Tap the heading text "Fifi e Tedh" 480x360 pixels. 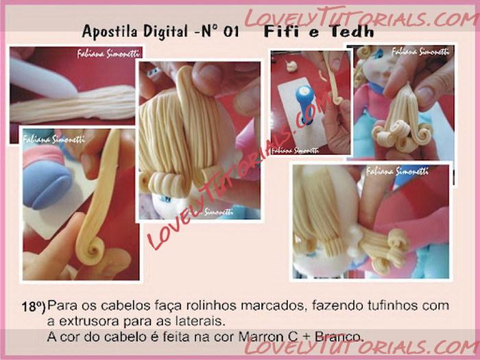coord(319,32)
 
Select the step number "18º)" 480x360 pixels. coord(34,307)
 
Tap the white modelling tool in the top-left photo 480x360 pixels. coord(43,79)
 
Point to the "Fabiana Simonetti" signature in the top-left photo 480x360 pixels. coord(108,53)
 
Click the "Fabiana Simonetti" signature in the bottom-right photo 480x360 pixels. coord(397,171)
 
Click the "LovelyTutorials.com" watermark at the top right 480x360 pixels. coord(361,17)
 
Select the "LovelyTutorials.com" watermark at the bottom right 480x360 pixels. coord(362,346)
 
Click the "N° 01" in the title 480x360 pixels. coord(220,32)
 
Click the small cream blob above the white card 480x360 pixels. coord(291,66)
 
